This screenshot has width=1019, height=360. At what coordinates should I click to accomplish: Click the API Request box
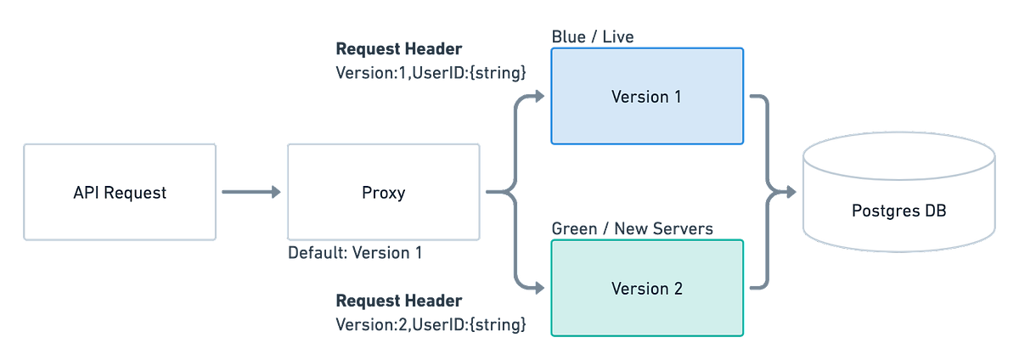point(120,192)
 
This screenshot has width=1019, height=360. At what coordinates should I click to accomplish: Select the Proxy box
point(383,192)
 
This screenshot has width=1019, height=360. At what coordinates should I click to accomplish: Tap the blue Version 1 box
point(646,96)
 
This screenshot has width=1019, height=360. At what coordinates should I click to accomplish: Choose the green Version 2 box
point(646,289)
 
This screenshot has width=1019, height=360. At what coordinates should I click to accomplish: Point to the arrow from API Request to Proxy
point(251,193)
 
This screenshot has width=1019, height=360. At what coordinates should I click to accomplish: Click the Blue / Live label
point(593,37)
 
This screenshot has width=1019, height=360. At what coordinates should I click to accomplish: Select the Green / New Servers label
point(632,228)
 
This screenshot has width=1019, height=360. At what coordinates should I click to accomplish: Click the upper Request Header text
point(399,48)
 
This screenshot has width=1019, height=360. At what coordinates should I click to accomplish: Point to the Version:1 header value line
point(431,72)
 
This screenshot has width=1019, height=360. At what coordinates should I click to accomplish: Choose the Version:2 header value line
point(431,323)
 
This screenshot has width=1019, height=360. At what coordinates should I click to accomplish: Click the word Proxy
point(383,193)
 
